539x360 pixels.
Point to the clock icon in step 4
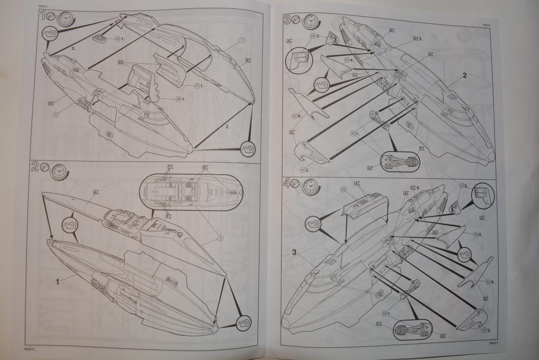[x=311, y=186]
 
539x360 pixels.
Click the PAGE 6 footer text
[x=29, y=348]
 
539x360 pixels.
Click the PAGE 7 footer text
[x=493, y=343]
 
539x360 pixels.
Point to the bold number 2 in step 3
[x=464, y=75]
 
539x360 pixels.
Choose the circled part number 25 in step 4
[x=343, y=188]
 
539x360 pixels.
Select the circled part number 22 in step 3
[x=294, y=116]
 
